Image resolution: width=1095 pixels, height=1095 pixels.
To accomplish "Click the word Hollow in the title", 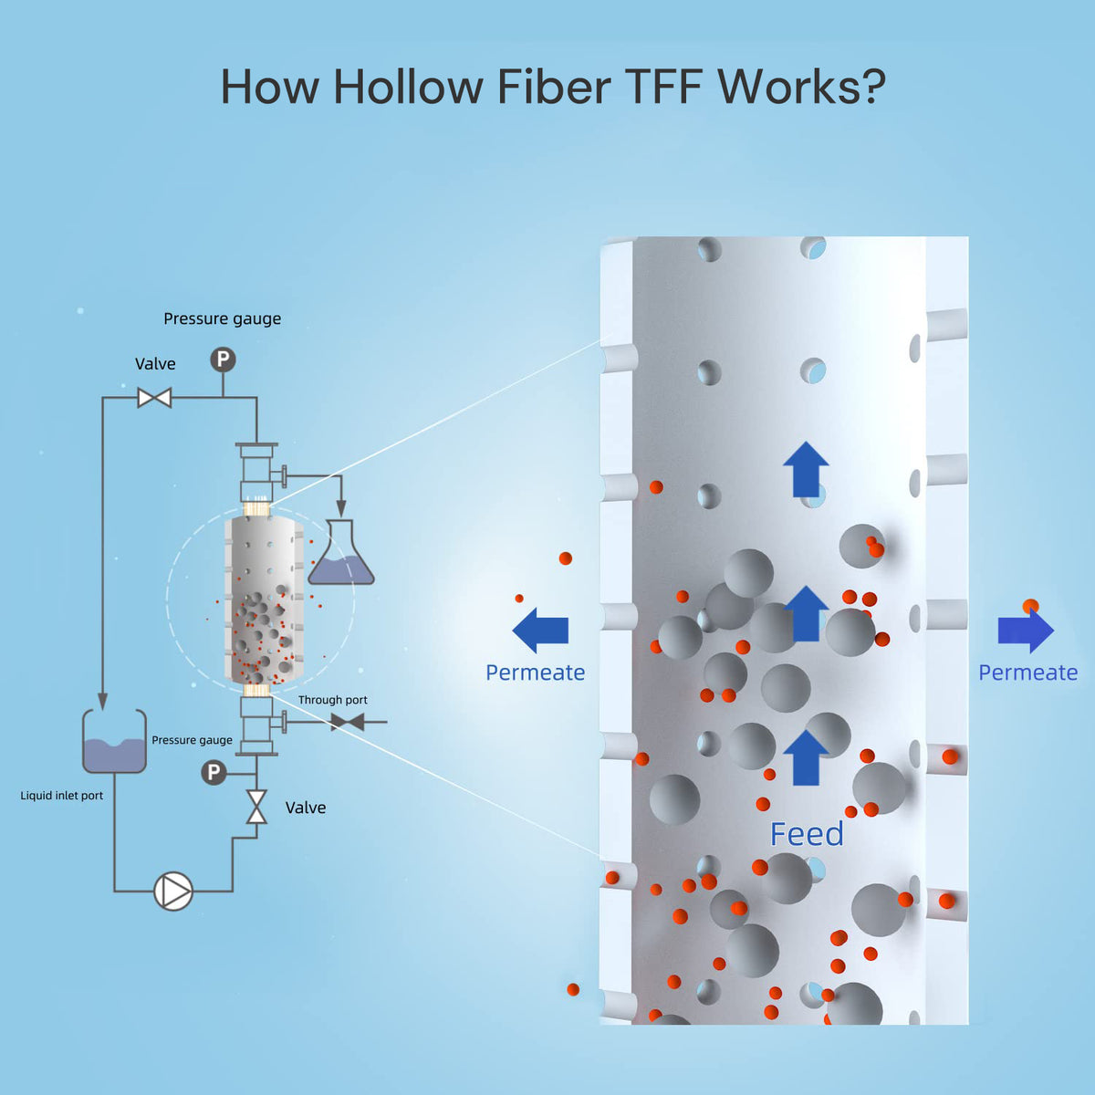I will click(408, 87).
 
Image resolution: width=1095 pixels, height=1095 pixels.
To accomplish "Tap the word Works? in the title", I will click(801, 87).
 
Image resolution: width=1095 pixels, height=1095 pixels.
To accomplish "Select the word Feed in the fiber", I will click(807, 834).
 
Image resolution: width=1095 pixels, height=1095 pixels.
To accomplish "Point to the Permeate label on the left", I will click(535, 673).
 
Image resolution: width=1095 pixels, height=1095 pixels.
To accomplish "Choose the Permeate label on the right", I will click(1027, 673).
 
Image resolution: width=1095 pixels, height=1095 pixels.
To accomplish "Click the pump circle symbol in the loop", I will click(173, 892).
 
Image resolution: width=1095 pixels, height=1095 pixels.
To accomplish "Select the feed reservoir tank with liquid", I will click(114, 741).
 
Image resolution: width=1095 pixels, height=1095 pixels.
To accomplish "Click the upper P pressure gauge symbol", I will click(223, 360).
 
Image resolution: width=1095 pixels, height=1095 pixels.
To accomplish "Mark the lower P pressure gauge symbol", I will click(214, 773).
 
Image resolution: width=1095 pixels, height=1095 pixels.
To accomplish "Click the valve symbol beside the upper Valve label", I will click(154, 398).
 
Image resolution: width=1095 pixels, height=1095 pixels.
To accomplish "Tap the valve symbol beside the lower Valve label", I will click(256, 808).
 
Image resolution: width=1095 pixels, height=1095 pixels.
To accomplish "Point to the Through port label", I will click(332, 700).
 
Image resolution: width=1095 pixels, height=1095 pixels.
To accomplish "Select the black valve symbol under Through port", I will click(347, 723).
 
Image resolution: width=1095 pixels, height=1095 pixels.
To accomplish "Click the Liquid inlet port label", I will click(62, 796).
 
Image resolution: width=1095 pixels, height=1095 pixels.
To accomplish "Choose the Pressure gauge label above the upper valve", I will click(222, 318).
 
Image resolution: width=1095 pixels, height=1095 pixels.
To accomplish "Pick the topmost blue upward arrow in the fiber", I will click(806, 469).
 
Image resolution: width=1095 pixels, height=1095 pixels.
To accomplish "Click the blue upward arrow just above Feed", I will click(806, 757).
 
